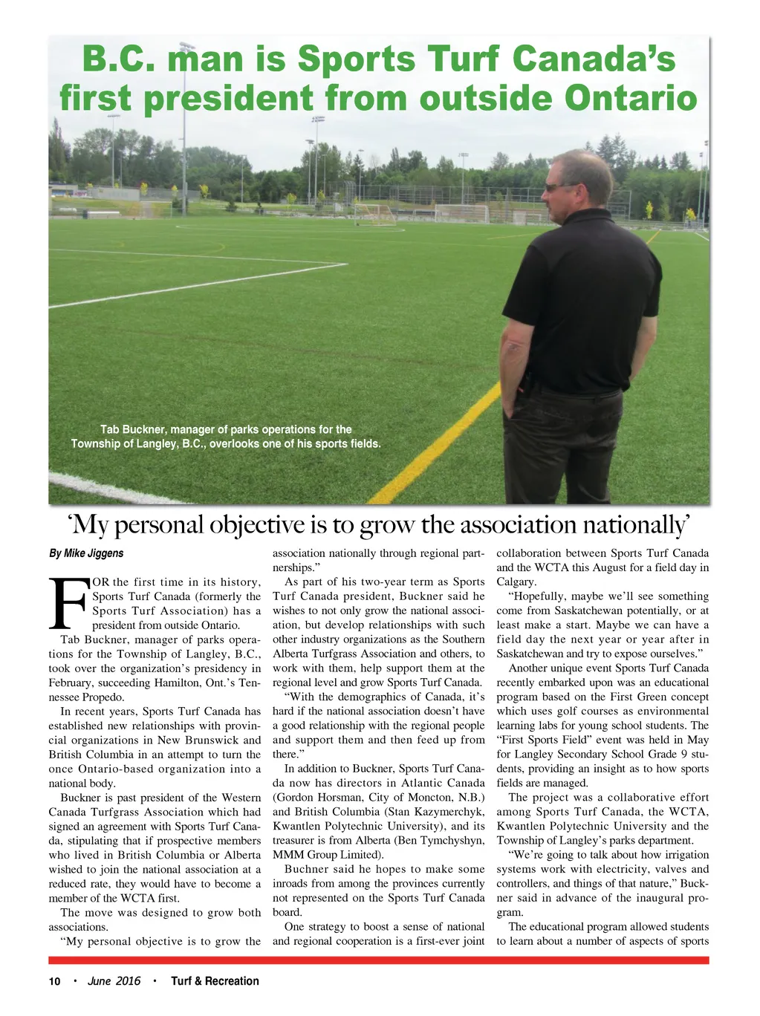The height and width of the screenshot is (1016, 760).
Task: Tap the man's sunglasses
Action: pos(558,187)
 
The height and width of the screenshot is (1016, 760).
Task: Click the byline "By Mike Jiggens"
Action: pos(86,553)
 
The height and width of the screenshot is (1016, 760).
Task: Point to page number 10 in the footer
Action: pos(54,981)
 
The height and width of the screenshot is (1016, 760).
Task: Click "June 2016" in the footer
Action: pos(114,981)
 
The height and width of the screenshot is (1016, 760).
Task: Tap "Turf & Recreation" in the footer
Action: pos(215,981)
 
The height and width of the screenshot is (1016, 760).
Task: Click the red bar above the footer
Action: pos(379,960)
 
